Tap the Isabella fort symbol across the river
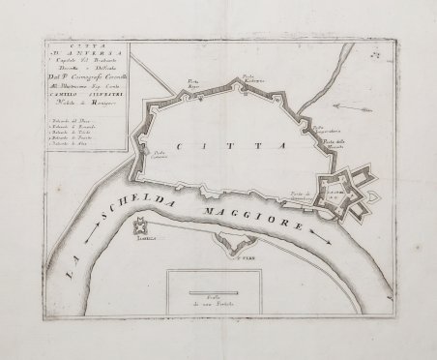click(141, 226)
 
